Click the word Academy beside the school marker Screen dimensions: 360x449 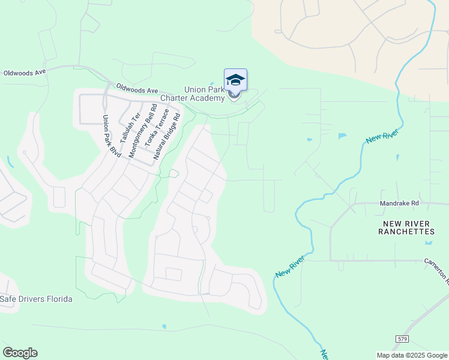[208, 98]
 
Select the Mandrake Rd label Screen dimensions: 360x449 [399, 203]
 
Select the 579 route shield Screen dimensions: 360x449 [402, 340]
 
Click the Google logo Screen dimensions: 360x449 [20, 353]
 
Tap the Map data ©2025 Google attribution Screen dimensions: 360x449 [412, 355]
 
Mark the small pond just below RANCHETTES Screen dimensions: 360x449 [429, 242]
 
